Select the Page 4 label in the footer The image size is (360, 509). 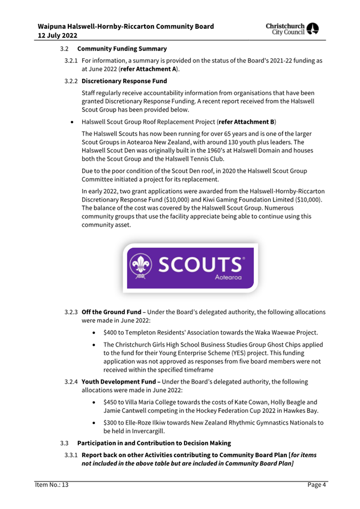[x=317, y=485]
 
